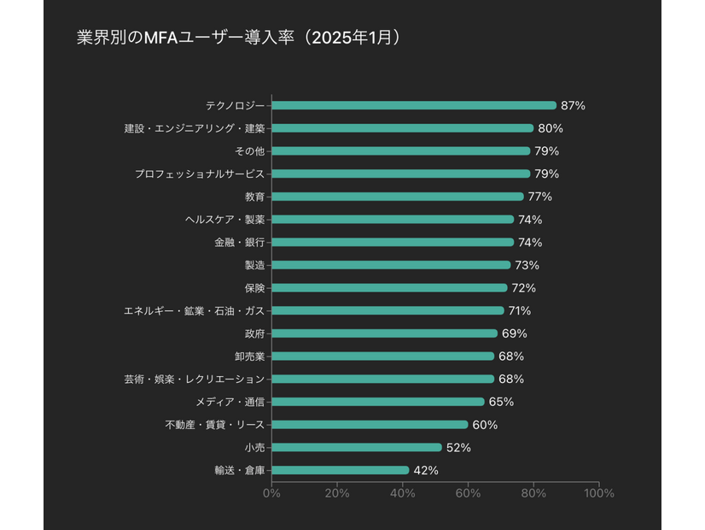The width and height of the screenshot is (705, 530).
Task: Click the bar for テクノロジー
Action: (414, 105)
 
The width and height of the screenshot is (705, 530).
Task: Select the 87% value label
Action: (573, 105)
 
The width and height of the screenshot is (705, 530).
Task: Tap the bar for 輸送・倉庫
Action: (340, 470)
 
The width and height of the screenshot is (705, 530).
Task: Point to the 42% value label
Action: (425, 470)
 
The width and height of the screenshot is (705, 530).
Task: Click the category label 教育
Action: (254, 197)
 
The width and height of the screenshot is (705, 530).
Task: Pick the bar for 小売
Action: (357, 447)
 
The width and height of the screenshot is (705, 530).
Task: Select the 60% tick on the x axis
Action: (468, 493)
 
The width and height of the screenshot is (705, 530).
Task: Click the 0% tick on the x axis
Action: (271, 493)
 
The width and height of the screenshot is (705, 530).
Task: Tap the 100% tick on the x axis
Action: (599, 493)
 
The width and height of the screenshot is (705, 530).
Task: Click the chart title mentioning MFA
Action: (238, 38)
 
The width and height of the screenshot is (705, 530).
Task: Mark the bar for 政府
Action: (384, 333)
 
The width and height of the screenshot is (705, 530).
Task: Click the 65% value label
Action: (501, 402)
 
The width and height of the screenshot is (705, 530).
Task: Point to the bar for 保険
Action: (389, 287)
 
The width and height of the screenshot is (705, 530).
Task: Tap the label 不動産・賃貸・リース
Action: (214, 424)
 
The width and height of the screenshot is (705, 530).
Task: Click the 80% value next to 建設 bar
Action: (550, 128)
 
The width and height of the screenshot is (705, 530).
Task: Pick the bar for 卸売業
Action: (382, 356)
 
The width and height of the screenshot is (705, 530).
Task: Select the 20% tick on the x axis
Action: (337, 493)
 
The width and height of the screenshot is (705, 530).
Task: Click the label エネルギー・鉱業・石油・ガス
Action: (195, 310)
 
